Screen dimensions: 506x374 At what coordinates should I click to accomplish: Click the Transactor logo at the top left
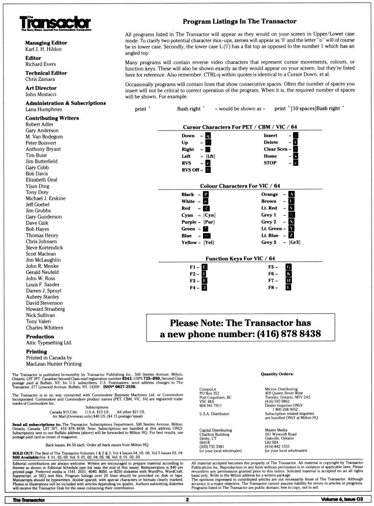pos(55,23)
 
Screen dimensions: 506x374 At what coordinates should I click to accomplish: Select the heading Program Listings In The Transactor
pos(240,21)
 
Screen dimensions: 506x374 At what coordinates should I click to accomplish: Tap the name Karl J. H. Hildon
pos(43,49)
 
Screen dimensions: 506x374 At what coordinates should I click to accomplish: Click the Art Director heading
pos(41,88)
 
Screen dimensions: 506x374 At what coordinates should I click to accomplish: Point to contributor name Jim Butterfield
pos(41,161)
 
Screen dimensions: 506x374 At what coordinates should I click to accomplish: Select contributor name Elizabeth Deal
pos(41,180)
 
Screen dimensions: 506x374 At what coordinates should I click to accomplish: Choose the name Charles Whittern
pos(44,328)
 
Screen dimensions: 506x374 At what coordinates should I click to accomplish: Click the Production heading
pos(40,337)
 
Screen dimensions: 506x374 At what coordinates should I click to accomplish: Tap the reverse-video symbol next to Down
pos(208,136)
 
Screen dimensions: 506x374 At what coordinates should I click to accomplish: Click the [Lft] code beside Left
pos(210,156)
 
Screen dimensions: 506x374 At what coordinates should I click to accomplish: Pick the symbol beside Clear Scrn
pos(296,149)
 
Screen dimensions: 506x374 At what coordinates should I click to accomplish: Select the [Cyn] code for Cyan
pos(209,215)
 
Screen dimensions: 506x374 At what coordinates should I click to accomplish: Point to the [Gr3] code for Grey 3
pos(295,242)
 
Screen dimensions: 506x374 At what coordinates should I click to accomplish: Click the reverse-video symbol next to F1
pos(205,267)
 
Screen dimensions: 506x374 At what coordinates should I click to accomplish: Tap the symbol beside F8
pos(288,287)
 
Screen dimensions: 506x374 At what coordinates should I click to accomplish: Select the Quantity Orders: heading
pos(277,374)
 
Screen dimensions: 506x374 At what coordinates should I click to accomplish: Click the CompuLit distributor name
pos(207,389)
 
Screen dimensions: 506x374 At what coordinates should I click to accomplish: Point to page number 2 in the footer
pos(187,500)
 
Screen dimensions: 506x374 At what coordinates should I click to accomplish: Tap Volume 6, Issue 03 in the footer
pos(342,499)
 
